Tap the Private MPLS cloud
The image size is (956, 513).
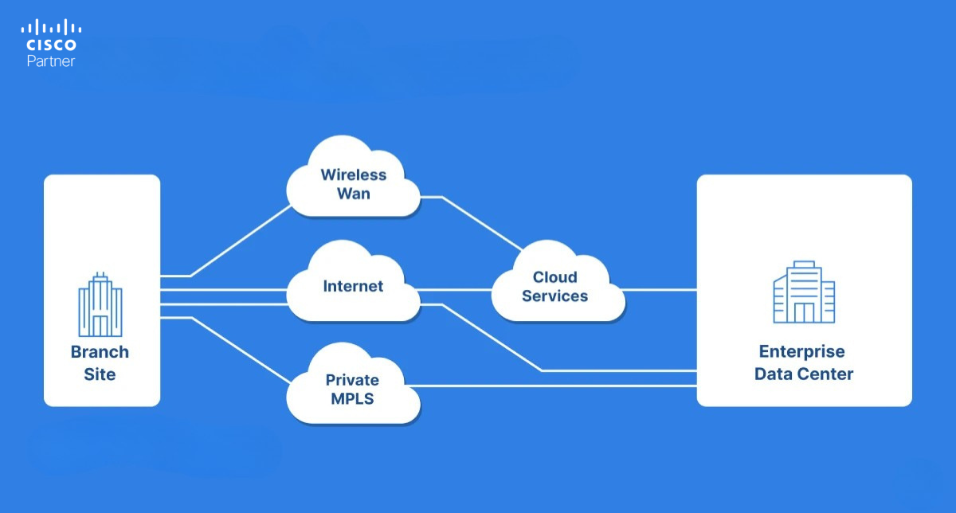click(353, 389)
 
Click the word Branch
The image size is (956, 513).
click(100, 352)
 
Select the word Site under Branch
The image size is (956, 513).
click(100, 374)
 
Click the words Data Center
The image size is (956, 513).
click(804, 374)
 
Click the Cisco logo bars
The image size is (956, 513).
click(50, 28)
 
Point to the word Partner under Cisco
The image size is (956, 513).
click(50, 61)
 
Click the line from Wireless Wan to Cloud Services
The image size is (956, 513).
click(478, 221)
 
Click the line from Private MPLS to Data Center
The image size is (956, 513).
click(558, 386)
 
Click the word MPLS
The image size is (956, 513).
click(352, 397)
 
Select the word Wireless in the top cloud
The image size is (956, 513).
click(353, 174)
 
